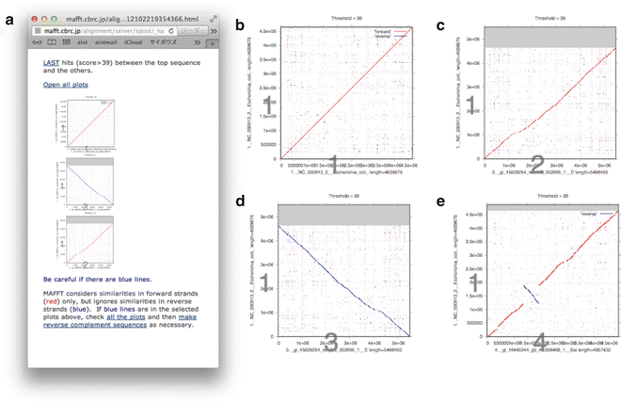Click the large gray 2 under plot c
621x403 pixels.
(537, 162)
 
